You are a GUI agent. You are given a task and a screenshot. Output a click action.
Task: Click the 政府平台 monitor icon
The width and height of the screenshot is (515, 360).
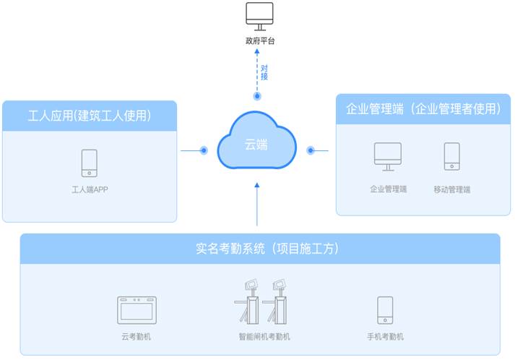click(260, 17)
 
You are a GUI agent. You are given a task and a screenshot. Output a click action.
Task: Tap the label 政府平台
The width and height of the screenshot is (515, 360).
click(260, 41)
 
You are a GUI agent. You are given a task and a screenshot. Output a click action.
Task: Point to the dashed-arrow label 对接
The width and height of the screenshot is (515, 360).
click(264, 72)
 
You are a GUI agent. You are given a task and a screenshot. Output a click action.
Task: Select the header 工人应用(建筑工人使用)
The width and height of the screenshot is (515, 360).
click(90, 116)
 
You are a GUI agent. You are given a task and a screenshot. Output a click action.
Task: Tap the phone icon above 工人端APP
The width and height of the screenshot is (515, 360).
click(90, 163)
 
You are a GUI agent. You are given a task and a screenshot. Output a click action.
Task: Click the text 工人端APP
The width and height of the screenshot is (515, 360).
click(90, 190)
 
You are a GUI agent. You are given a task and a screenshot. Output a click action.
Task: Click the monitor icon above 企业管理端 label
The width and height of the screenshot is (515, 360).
click(388, 156)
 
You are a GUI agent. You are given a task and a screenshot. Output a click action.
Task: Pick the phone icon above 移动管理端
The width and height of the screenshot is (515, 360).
click(451, 156)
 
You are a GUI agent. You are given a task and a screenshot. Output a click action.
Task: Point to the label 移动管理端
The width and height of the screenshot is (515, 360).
click(451, 189)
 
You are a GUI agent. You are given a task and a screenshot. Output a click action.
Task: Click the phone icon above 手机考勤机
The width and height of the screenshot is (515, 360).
click(385, 310)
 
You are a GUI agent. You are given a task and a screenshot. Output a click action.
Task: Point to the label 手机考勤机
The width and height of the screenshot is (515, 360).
click(385, 337)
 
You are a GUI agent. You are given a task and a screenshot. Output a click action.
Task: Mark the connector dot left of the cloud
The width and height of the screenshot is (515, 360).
click(204, 151)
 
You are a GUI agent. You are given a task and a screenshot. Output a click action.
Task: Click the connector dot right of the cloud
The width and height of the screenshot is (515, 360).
click(311, 151)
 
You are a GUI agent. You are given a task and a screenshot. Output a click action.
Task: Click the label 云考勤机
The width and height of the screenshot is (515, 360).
click(137, 337)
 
